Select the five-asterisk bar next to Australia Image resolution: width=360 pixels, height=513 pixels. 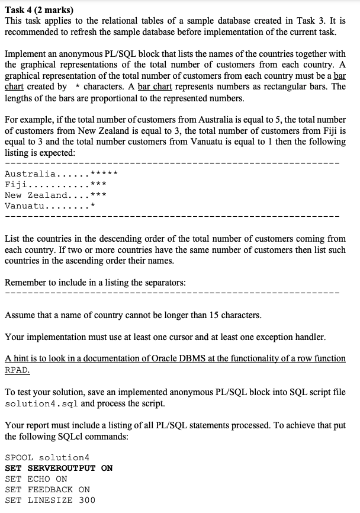point(105,174)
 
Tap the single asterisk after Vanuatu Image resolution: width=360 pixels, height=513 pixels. point(93,206)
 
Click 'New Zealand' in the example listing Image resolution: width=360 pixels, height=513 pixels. point(36,195)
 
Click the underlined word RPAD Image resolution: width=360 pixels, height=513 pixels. point(17,370)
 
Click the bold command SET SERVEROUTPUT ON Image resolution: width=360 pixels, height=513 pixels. point(59,468)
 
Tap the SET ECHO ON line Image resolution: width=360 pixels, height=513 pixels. point(36,479)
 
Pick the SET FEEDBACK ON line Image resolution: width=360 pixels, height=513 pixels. point(47,489)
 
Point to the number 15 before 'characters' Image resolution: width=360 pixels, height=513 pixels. point(210,315)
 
